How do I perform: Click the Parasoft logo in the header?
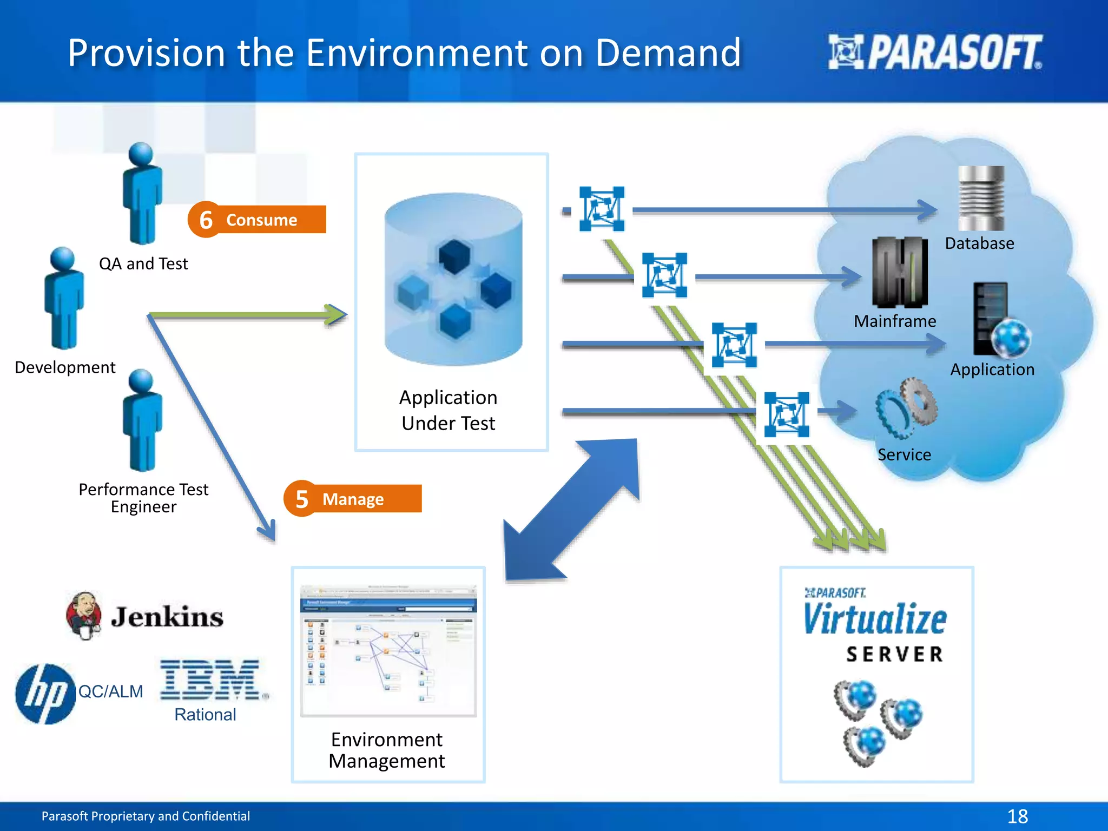[x=934, y=52]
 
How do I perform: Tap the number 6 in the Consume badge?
[x=206, y=220]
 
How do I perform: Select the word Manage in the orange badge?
[x=353, y=499]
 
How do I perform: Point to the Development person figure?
[x=64, y=298]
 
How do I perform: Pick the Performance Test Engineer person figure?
[x=142, y=420]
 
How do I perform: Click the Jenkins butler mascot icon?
[x=84, y=616]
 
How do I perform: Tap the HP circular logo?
[x=45, y=694]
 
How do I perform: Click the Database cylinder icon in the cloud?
[x=981, y=199]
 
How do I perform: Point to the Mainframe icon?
[x=900, y=272]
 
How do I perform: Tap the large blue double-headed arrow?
[x=571, y=510]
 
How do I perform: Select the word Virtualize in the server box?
[x=875, y=619]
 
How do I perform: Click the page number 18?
[x=1017, y=816]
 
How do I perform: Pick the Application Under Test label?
[x=448, y=410]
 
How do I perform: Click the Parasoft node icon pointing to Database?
[x=602, y=209]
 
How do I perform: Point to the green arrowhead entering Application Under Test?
[x=337, y=314]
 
